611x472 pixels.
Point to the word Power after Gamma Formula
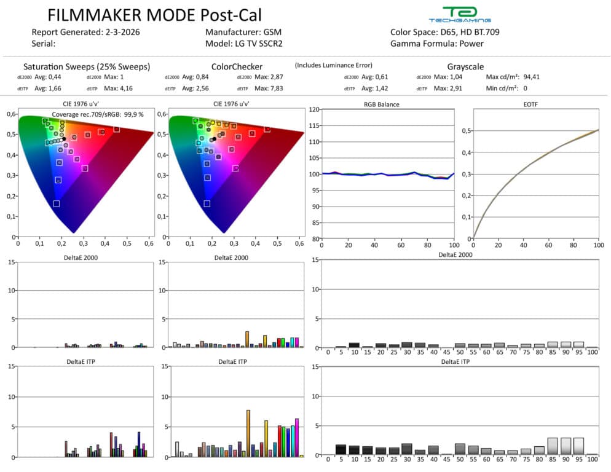coord(471,44)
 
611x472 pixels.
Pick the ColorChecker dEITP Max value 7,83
coord(278,88)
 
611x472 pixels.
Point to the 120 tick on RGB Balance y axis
coord(314,110)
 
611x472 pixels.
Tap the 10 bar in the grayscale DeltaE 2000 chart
coord(354,345)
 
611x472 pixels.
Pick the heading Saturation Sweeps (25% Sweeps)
coord(86,66)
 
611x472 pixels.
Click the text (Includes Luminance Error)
coord(333,65)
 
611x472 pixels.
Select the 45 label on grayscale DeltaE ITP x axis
coord(446,460)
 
